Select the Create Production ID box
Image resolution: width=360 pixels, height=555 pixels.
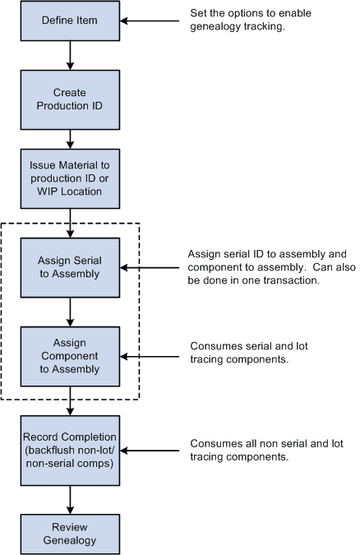(70, 99)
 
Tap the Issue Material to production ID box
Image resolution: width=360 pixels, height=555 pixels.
(70, 178)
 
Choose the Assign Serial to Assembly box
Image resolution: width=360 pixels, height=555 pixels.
(70, 267)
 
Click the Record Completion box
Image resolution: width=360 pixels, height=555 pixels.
(70, 451)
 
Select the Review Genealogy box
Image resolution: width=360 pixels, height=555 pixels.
(70, 534)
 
